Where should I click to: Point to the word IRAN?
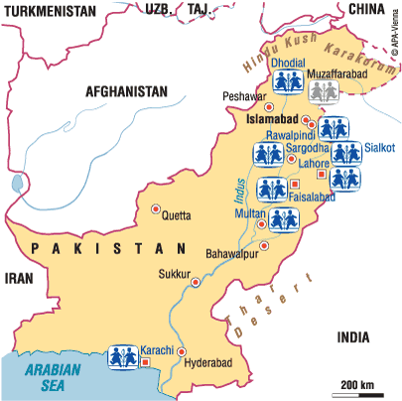[x=21, y=280]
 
